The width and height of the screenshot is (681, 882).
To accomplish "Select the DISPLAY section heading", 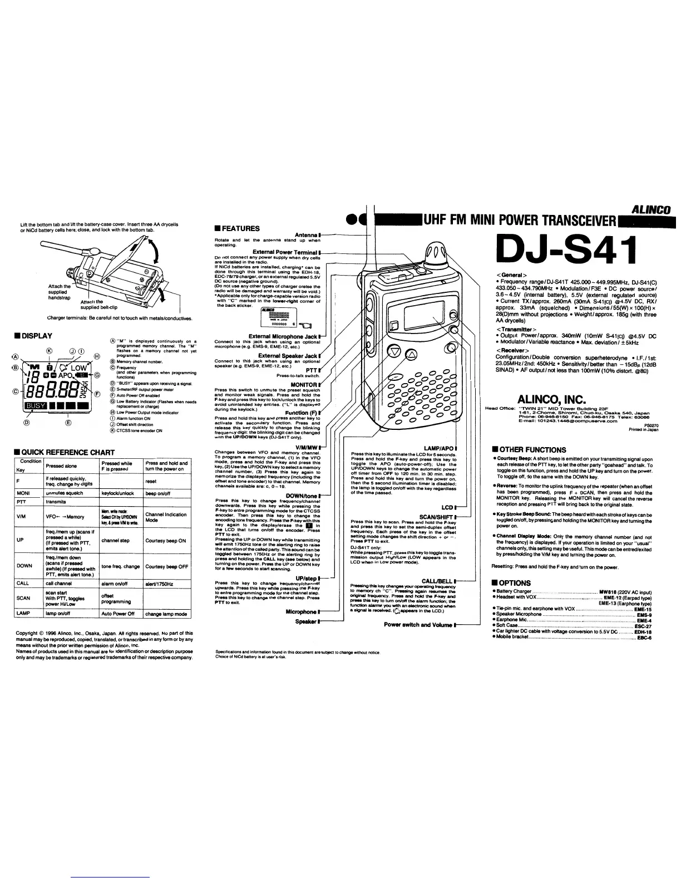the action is click(36, 336).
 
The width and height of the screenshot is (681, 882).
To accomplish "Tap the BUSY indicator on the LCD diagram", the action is click(36, 406).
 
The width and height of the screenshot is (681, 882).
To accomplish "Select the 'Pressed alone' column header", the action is click(61, 466).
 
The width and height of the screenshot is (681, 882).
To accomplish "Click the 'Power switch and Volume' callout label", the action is click(418, 625).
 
